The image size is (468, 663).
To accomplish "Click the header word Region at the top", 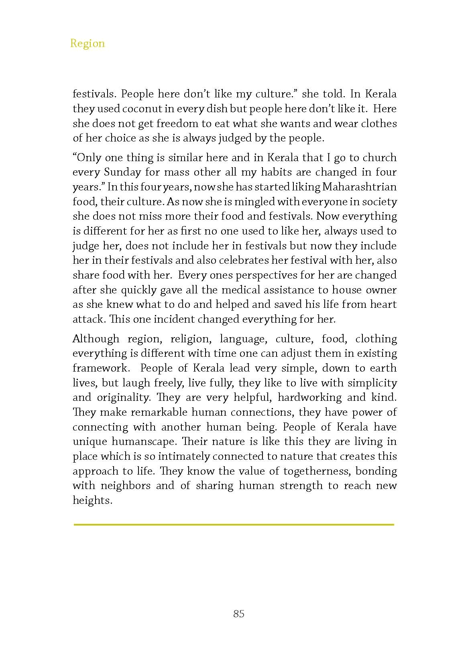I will click(x=87, y=43).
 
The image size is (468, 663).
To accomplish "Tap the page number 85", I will click(x=238, y=614).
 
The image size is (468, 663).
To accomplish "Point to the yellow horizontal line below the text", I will click(x=234, y=524).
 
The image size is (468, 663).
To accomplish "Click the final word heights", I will click(x=92, y=500).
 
